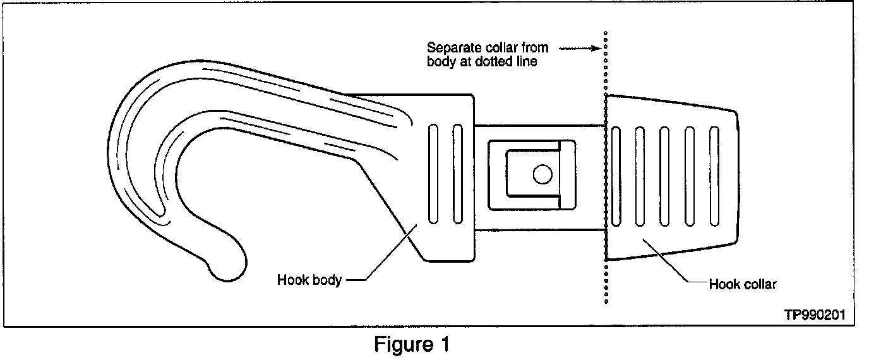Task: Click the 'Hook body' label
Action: [309, 280]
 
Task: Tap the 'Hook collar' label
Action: [742, 284]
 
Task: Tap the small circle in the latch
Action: [541, 174]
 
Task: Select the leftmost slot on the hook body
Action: [433, 174]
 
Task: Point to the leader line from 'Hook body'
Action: [385, 249]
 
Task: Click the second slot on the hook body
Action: [458, 174]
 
